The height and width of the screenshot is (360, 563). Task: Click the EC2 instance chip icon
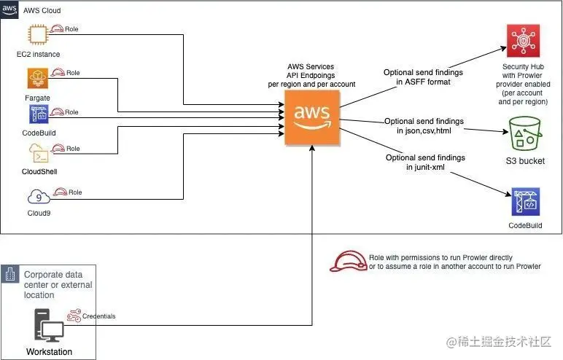38,36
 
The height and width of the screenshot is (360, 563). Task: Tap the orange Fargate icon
38,77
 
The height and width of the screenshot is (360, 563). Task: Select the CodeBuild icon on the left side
39,114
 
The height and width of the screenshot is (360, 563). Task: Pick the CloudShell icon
39,153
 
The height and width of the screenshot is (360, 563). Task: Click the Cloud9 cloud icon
38,196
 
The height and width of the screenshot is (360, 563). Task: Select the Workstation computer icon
49,326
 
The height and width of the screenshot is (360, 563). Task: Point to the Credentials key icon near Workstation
74,316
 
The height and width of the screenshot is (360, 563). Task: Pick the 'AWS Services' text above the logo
311,66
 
